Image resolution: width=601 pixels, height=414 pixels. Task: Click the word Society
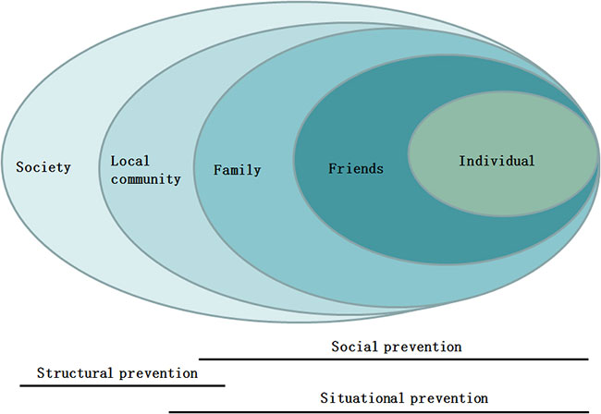43,167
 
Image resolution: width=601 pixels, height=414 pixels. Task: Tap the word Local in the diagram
130,161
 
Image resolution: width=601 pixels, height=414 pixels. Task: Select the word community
146,179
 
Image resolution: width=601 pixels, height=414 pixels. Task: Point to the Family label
238,170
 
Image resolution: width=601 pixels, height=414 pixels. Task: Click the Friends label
356,168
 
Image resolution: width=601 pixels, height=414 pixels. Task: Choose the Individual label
497,161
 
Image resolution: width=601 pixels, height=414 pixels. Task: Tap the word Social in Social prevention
354,347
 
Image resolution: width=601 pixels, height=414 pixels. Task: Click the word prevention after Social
423,347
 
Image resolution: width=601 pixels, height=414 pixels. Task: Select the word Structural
75,372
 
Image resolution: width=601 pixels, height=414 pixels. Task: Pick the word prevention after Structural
158,373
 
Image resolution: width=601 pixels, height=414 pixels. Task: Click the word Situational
362,398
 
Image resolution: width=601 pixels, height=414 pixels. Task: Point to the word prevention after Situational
449,398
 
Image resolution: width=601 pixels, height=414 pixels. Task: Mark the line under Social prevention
394,359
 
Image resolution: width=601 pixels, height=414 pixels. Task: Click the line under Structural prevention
122,385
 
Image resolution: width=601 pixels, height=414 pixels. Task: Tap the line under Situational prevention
379,412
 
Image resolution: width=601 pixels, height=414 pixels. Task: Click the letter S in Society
19,167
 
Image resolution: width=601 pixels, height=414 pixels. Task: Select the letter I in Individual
462,161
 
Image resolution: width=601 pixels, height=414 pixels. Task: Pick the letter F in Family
217,169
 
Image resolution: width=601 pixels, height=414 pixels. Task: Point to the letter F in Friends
332,168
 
